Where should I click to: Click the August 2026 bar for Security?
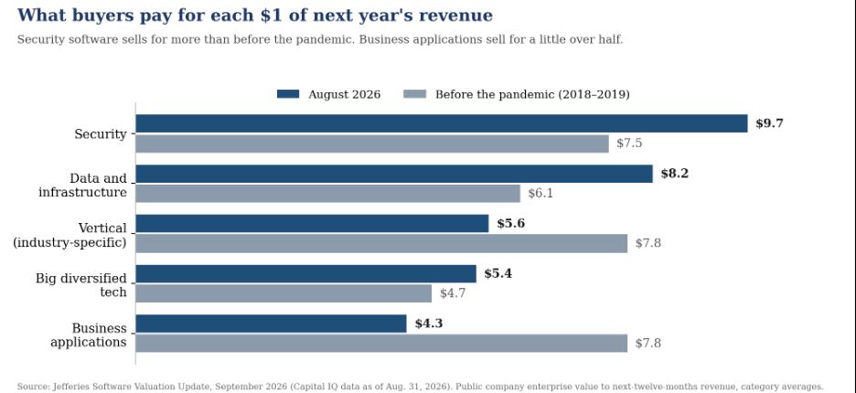tap(441, 123)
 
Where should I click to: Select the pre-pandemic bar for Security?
tap(372, 143)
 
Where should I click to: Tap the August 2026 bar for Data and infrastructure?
tap(394, 174)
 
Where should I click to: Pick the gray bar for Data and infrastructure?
tap(327, 193)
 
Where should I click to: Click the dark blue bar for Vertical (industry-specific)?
tap(312, 223)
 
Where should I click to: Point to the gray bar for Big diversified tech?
tap(284, 293)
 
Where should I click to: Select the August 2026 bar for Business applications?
tap(271, 324)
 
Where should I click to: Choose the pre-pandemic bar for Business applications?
tap(381, 344)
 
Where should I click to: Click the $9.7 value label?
tap(769, 123)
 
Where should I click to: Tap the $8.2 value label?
tap(675, 174)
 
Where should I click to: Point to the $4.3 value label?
tap(429, 324)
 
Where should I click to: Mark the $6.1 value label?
tap(540, 193)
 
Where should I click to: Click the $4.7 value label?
tap(453, 293)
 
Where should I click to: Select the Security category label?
tap(101, 133)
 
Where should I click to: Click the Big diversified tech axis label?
tap(81, 285)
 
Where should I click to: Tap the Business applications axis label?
tap(89, 335)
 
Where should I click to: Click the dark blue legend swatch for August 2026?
tap(288, 94)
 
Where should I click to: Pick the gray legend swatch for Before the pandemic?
tap(415, 94)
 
